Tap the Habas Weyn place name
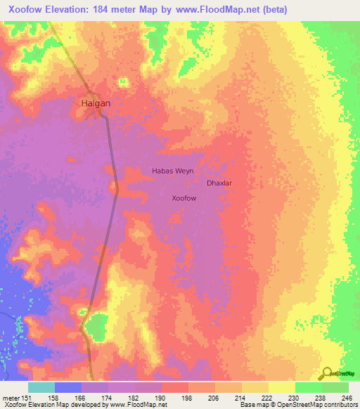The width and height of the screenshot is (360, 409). click(x=172, y=171)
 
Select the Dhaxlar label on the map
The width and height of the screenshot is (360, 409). click(x=219, y=183)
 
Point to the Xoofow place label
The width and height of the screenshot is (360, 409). click(x=184, y=199)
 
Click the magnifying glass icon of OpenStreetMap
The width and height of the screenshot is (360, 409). click(x=327, y=373)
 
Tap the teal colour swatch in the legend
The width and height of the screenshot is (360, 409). click(x=41, y=387)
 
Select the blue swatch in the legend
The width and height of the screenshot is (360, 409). click(x=68, y=387)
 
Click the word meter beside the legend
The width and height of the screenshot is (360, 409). click(x=11, y=398)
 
